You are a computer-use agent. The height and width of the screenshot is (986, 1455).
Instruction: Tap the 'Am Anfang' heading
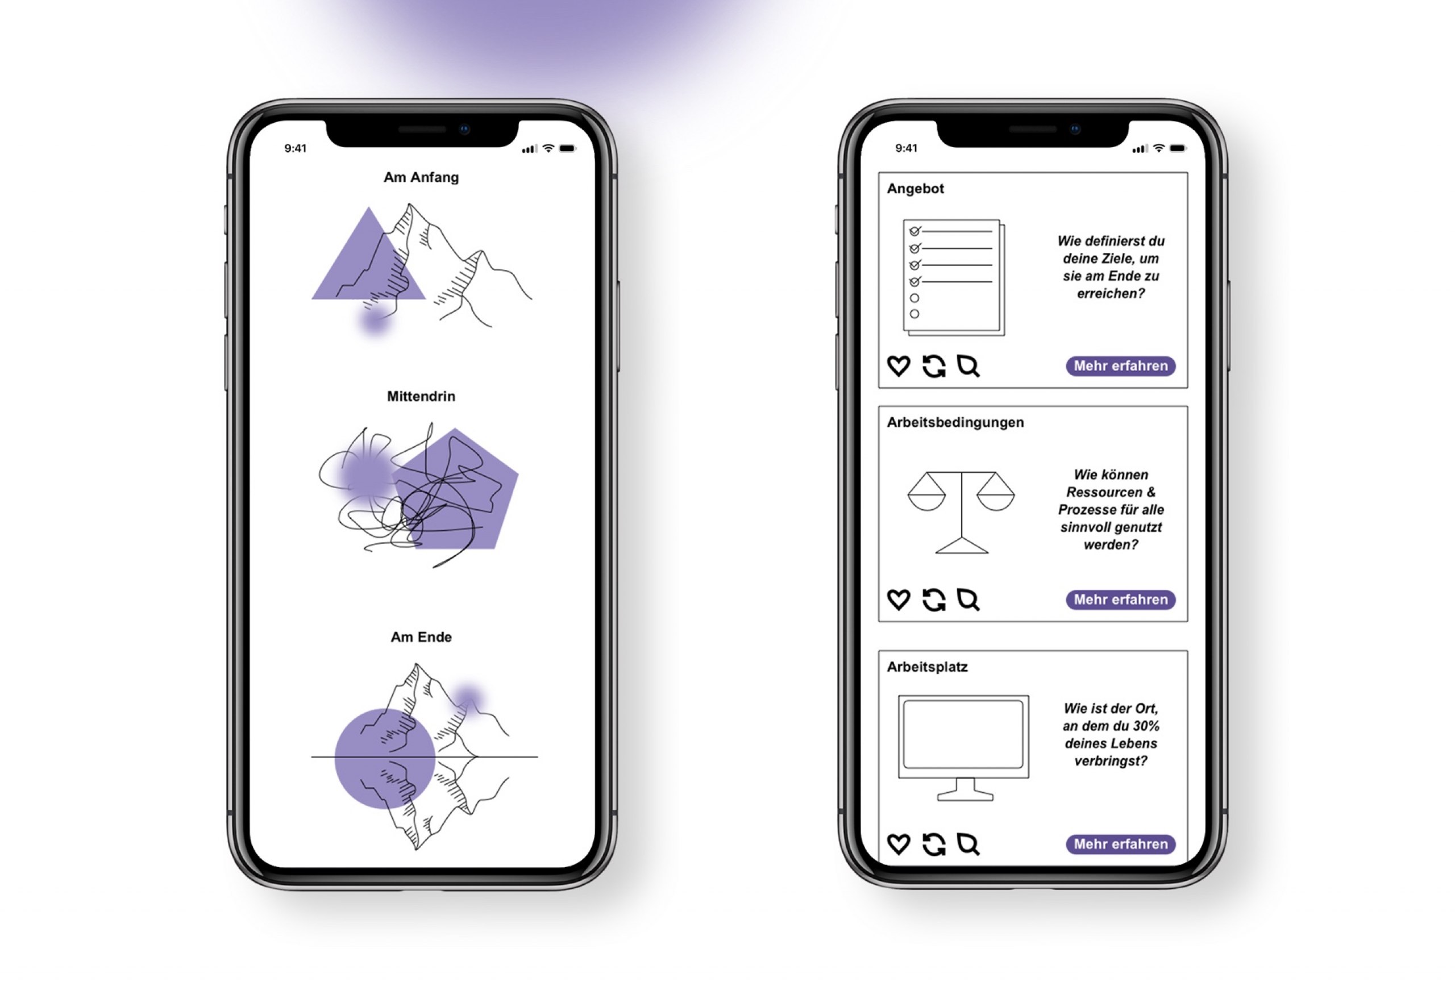point(421,178)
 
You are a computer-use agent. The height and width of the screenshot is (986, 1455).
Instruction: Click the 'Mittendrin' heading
point(421,396)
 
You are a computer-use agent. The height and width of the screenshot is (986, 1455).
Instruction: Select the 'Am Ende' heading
point(421,637)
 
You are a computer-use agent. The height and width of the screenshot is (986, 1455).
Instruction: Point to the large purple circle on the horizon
point(385,759)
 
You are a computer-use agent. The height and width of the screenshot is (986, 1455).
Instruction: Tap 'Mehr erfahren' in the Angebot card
point(1121,366)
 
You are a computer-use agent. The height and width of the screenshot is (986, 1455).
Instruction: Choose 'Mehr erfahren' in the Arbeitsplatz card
point(1121,844)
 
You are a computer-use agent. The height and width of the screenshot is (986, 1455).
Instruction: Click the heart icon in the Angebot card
point(899,366)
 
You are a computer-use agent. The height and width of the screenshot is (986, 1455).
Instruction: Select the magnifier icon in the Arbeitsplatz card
point(968,844)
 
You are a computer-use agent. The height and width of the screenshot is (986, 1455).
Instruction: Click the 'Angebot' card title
point(915,189)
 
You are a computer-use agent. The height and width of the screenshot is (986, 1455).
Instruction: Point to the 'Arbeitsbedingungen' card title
point(955,423)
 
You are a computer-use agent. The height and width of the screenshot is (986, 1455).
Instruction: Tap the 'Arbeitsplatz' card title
point(927,667)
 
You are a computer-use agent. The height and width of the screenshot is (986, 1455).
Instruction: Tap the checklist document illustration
point(954,277)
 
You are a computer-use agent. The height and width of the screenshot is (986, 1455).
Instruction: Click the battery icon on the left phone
point(567,149)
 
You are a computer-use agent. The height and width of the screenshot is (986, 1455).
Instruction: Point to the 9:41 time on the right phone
point(906,148)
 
